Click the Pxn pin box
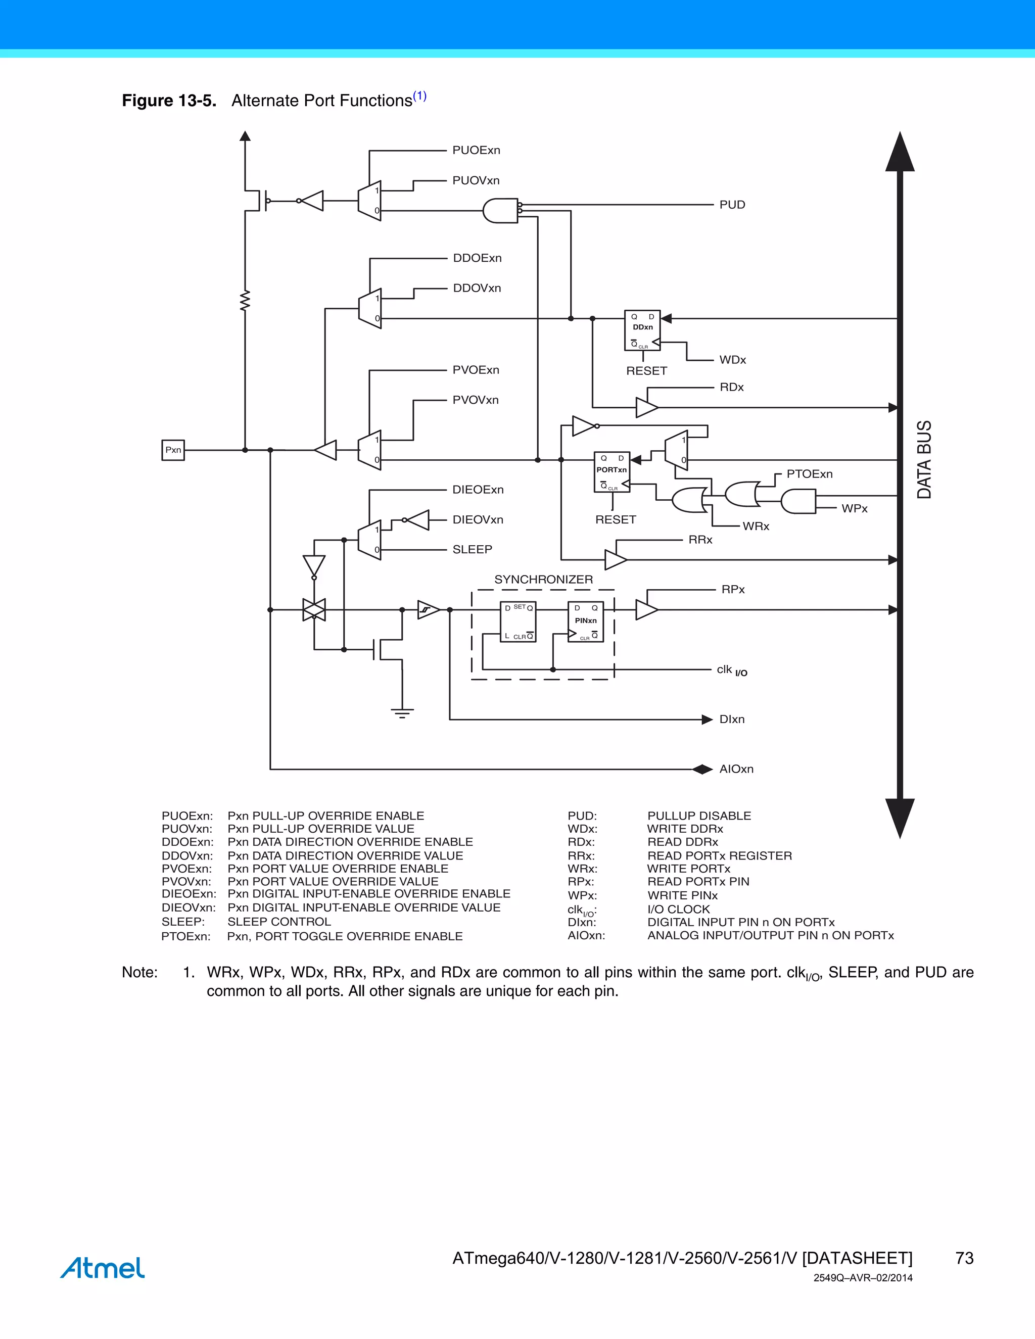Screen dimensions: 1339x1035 coord(173,450)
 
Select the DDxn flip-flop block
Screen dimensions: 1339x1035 coord(642,330)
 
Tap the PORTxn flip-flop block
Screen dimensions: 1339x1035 coord(611,472)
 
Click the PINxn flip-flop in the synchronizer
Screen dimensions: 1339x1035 coord(586,621)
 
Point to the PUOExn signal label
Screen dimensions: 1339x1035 coord(476,150)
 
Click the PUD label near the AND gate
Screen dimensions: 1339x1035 coord(732,205)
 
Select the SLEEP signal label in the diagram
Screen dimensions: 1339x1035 coord(472,549)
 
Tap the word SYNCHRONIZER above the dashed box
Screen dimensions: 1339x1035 coord(543,580)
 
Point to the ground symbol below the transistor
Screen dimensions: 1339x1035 coord(402,712)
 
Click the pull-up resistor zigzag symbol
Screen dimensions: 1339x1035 coord(245,301)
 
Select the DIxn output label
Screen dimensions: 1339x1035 coord(731,719)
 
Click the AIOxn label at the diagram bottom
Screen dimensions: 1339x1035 coord(736,769)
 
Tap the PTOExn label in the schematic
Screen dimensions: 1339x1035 coord(810,474)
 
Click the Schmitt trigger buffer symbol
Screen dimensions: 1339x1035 coord(428,610)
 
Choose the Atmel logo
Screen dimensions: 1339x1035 coord(103,1267)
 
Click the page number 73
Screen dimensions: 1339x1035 coord(964,1258)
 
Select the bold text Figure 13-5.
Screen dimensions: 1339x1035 coord(169,101)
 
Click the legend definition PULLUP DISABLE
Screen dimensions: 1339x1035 coord(699,816)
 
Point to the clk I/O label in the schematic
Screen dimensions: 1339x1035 coord(731,670)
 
